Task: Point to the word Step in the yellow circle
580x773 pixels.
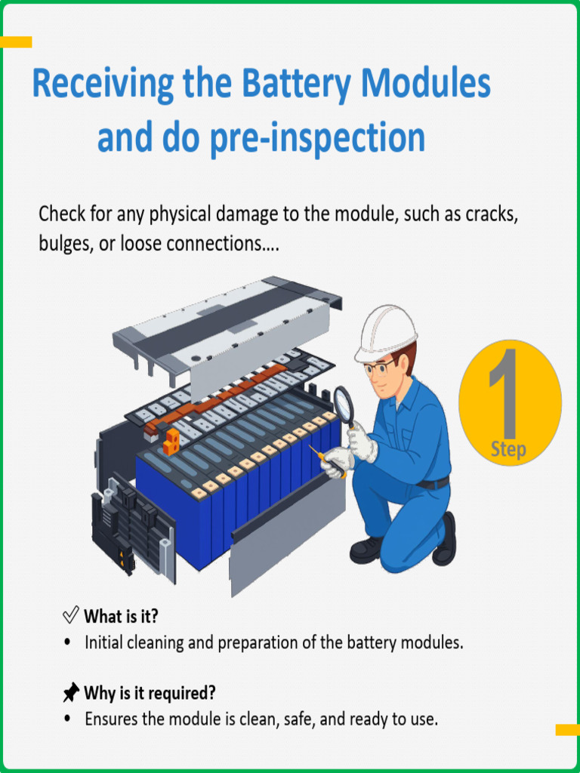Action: click(x=508, y=450)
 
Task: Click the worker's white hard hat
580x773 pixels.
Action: click(x=385, y=330)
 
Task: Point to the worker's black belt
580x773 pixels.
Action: click(x=433, y=482)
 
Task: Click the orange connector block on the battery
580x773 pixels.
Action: click(x=173, y=441)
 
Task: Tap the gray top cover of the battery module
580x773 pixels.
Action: click(x=227, y=325)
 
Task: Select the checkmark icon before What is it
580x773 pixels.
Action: click(x=71, y=615)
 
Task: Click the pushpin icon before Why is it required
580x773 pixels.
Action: click(x=71, y=692)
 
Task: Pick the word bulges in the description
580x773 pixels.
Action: click(x=62, y=245)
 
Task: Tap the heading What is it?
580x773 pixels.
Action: click(x=121, y=616)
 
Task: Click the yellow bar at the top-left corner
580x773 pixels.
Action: click(x=16, y=42)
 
